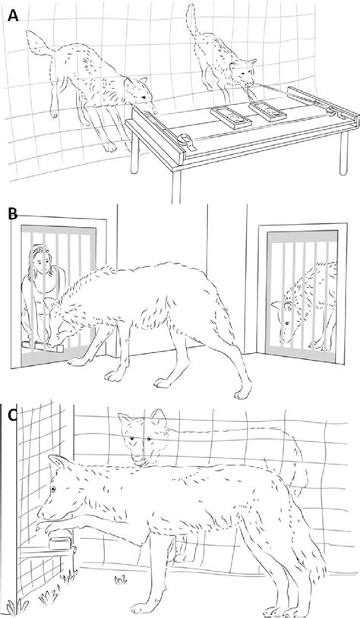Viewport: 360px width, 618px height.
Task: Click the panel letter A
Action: point(13,17)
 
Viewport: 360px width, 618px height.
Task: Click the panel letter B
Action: point(13,214)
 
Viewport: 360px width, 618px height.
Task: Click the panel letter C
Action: point(12,415)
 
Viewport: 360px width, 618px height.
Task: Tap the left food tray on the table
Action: point(231,117)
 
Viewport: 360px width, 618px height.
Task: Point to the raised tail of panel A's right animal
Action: point(193,20)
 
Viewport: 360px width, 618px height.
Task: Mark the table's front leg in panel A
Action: point(176,185)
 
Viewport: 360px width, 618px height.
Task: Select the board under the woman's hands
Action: point(43,347)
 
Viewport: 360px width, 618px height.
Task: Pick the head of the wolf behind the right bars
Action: point(286,318)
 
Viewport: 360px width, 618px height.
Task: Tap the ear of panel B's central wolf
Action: point(51,304)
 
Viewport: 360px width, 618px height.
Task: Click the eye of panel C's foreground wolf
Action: point(53,490)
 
